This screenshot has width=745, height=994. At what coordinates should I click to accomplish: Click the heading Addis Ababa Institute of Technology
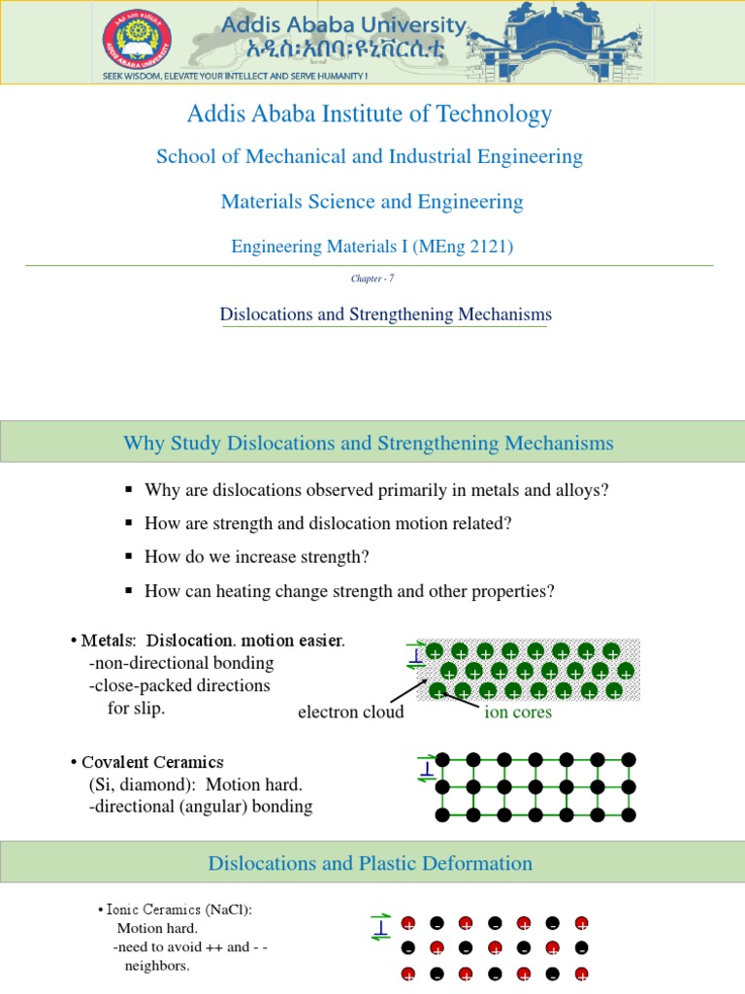[369, 115]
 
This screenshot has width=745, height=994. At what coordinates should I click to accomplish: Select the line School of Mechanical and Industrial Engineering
[369, 156]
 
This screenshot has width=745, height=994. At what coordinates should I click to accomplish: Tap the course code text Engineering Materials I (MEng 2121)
[372, 247]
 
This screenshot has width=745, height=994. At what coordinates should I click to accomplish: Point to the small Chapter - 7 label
[372, 279]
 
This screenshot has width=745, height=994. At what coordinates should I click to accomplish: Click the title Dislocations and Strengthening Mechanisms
[385, 315]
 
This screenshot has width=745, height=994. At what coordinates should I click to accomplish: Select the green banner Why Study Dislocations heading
[369, 444]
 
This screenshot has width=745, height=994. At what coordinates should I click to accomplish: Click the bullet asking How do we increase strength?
[256, 557]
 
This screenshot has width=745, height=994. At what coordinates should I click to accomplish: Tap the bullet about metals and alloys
[375, 490]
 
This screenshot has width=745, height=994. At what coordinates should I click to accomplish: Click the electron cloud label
[350, 712]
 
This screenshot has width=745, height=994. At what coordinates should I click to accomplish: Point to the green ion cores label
[518, 712]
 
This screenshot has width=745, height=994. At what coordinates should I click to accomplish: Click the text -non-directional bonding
[181, 663]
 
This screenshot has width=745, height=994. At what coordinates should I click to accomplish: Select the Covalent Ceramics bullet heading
[152, 762]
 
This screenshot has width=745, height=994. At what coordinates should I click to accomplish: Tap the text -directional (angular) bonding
[200, 806]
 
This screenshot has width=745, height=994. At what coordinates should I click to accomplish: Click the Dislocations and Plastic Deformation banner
[371, 863]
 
